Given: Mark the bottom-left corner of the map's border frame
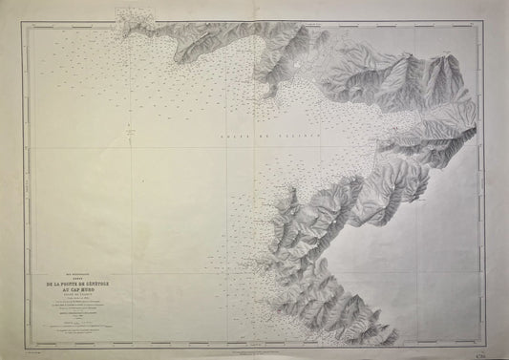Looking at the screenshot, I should tap(20, 346).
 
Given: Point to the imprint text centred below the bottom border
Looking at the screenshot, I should tap(258, 350).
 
